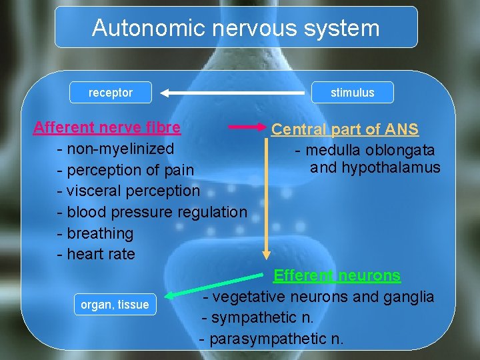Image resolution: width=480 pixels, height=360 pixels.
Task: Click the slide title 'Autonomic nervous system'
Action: (235, 28)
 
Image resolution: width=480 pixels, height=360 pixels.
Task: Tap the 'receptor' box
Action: (111, 93)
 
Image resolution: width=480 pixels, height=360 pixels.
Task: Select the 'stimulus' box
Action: (353, 93)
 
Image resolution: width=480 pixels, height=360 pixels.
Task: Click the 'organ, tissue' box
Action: (115, 305)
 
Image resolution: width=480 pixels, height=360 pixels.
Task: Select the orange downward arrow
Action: (267, 200)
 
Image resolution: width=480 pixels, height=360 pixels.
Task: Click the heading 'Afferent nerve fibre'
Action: (107, 127)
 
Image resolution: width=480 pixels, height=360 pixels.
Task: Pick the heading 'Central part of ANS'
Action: (345, 129)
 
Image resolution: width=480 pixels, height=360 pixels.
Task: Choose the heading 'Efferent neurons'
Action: (337, 275)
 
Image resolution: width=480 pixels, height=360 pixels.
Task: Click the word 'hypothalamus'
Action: (391, 167)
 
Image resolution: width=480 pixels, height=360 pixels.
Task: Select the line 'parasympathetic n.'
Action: (271, 339)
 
